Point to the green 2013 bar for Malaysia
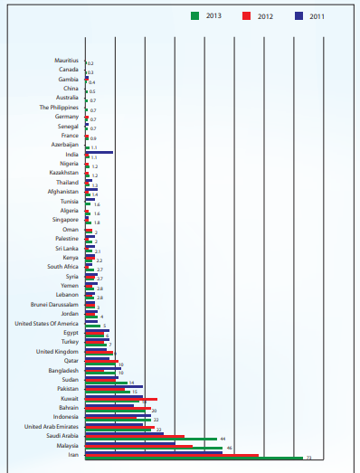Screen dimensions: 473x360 154,448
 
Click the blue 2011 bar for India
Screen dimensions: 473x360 99,152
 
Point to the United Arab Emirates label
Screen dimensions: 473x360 51,426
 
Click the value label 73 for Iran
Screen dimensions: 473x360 308,459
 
